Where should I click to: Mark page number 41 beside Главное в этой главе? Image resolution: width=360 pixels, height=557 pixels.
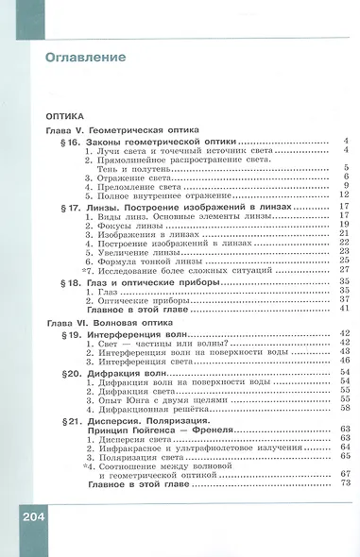coord(345,309)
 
